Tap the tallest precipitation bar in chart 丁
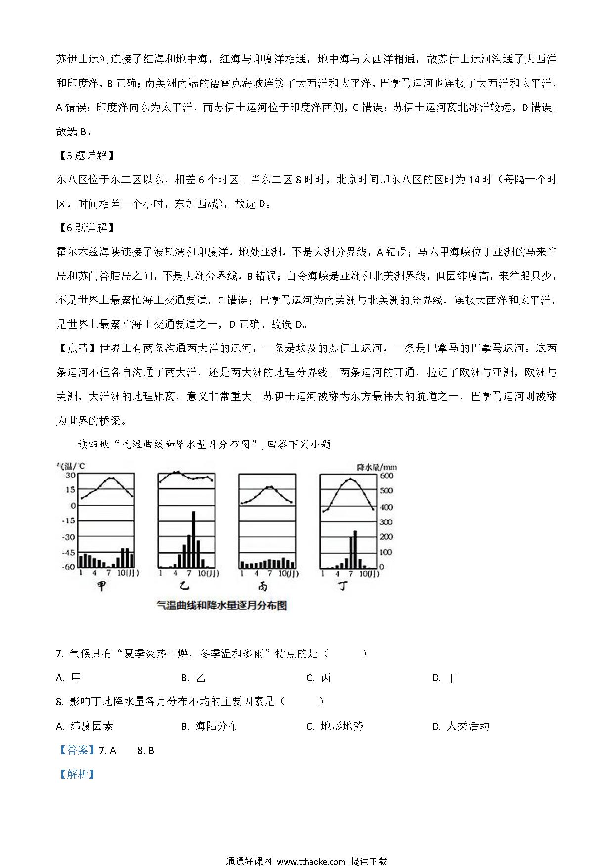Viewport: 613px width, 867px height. coord(355,549)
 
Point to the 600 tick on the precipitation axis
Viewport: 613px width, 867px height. coord(386,476)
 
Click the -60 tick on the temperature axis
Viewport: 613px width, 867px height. coord(68,567)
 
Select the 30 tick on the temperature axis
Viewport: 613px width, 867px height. coord(71,475)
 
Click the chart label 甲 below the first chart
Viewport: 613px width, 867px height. coord(101,587)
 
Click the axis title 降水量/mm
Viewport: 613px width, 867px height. coord(377,466)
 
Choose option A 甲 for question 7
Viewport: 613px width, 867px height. coord(69,678)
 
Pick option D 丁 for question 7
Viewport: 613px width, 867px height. coord(444,678)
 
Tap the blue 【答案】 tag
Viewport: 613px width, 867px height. coord(77,750)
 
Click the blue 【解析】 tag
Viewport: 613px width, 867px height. coord(77,774)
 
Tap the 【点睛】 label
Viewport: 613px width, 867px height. coord(77,348)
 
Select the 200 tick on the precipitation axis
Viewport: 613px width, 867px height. coord(386,537)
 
